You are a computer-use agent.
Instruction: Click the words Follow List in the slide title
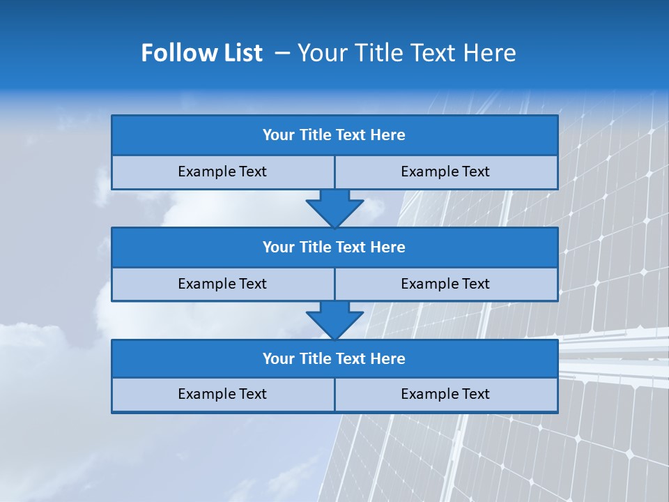point(201,53)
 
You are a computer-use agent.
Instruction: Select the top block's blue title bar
point(334,135)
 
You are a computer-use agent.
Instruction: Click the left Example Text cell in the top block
point(222,172)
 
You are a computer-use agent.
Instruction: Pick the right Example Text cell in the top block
point(445,172)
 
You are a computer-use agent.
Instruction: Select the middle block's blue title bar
point(334,247)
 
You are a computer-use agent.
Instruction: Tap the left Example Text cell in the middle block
point(222,284)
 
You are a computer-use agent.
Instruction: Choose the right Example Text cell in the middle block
point(445,284)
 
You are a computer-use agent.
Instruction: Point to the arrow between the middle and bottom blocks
point(334,319)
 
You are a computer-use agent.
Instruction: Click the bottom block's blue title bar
point(334,358)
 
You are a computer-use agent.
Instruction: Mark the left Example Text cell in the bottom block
point(222,394)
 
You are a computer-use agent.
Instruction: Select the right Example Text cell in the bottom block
point(445,394)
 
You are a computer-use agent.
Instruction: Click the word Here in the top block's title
point(387,135)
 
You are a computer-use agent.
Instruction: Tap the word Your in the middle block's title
point(279,247)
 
